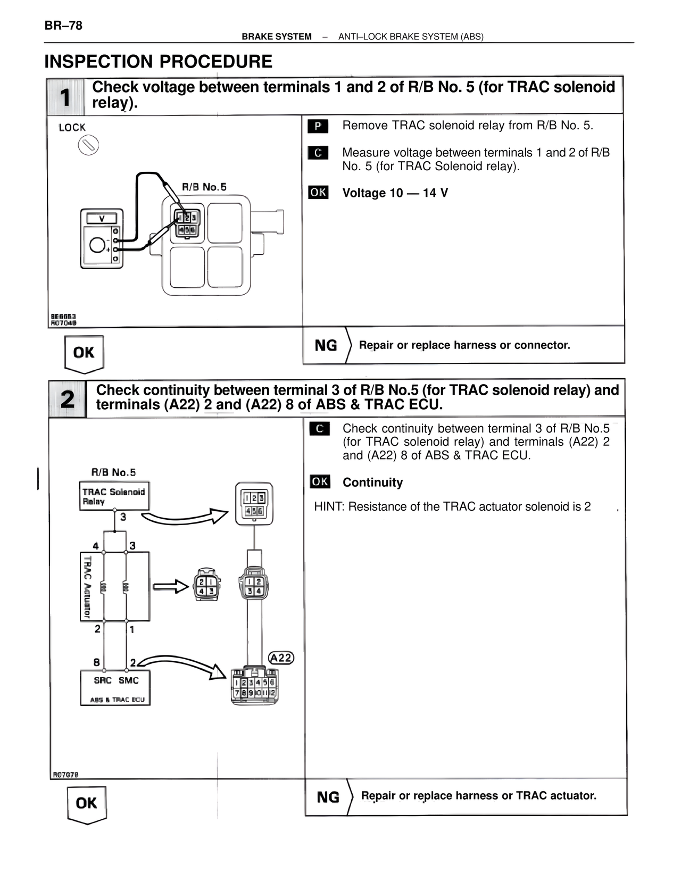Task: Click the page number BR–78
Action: [x=63, y=26]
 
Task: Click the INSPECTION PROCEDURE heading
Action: [x=158, y=62]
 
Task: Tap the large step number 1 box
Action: [x=65, y=97]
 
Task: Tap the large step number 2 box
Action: [x=68, y=399]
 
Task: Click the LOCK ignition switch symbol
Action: [x=88, y=145]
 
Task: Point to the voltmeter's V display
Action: [x=102, y=219]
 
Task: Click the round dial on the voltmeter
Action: [x=98, y=245]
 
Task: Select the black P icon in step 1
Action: [x=318, y=126]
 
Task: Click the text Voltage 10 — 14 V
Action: [x=395, y=193]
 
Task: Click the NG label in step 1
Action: [x=326, y=346]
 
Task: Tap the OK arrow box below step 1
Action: [x=84, y=353]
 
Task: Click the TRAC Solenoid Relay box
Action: [x=113, y=496]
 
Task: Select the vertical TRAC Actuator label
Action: [x=87, y=587]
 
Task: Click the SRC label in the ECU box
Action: [x=102, y=680]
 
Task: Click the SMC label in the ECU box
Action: [x=128, y=680]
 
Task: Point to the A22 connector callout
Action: [x=280, y=658]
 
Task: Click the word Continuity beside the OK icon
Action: [x=372, y=483]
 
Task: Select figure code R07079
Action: [x=65, y=775]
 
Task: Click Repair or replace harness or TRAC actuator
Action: [x=478, y=796]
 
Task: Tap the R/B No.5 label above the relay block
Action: [x=204, y=187]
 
